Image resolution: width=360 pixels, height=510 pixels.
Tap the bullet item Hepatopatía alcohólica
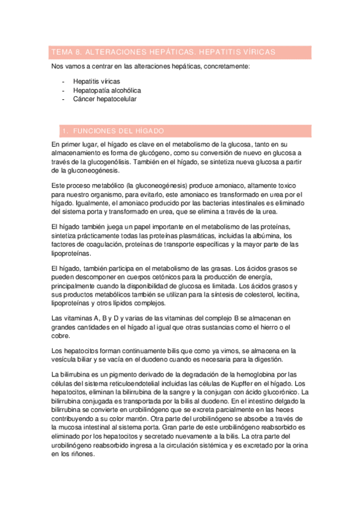[x=108, y=90]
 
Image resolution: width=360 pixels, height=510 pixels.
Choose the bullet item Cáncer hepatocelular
[x=105, y=99]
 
